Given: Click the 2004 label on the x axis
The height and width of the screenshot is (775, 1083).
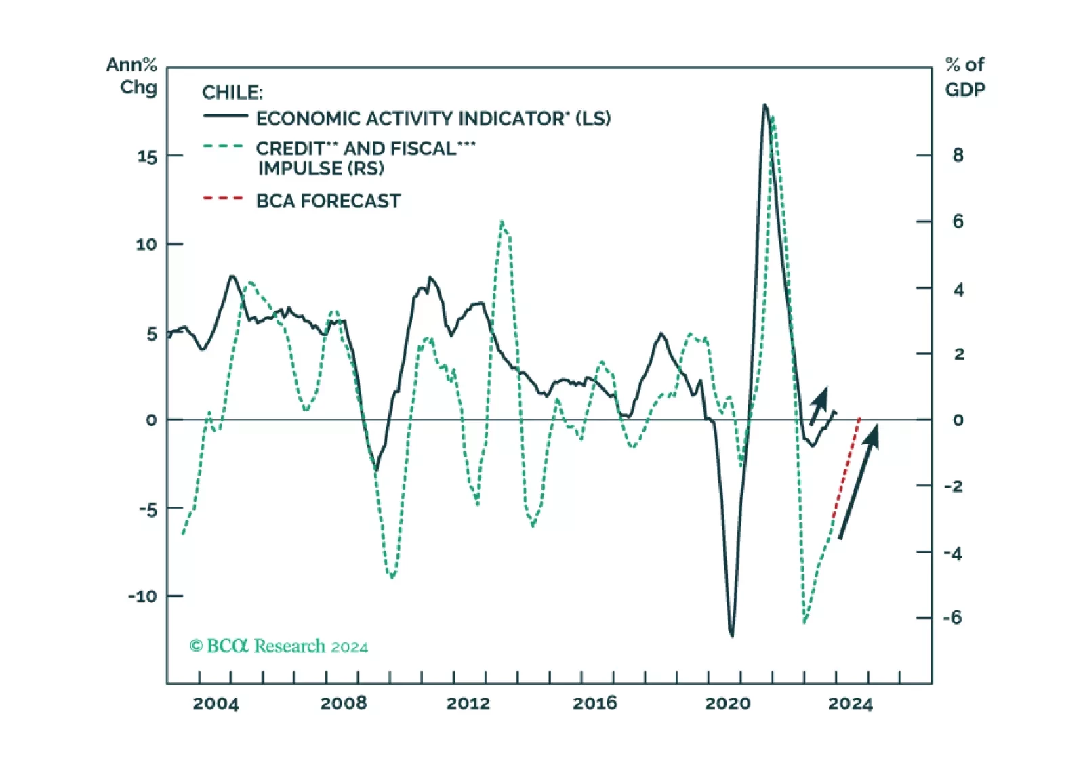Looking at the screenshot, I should (x=216, y=703).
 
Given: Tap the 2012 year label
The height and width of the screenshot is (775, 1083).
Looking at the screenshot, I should (x=468, y=703).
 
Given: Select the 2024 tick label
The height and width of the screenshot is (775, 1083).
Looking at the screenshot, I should (x=850, y=703).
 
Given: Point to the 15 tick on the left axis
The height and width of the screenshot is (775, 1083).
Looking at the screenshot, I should (x=147, y=157).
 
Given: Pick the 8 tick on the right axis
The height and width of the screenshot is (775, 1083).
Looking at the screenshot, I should (x=958, y=155).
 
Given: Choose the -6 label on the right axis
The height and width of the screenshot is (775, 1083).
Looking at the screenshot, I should (x=952, y=617).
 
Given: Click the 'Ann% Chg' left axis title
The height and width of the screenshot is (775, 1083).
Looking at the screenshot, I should (x=132, y=76).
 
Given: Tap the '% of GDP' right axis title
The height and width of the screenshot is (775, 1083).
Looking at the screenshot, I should (x=965, y=77).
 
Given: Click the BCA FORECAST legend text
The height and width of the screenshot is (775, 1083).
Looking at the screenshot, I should (x=328, y=201).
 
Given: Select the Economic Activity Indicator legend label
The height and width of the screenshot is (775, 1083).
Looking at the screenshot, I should (x=433, y=119).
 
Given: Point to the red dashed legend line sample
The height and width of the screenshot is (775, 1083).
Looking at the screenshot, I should (x=223, y=198).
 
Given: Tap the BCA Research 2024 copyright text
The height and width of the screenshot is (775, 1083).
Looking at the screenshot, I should (x=279, y=646).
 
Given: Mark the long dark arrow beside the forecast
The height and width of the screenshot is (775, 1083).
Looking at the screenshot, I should (x=858, y=482).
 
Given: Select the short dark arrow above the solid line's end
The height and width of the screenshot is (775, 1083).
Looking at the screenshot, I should (x=819, y=406).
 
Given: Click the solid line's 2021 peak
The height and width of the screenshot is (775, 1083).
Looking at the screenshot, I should (x=764, y=105).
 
